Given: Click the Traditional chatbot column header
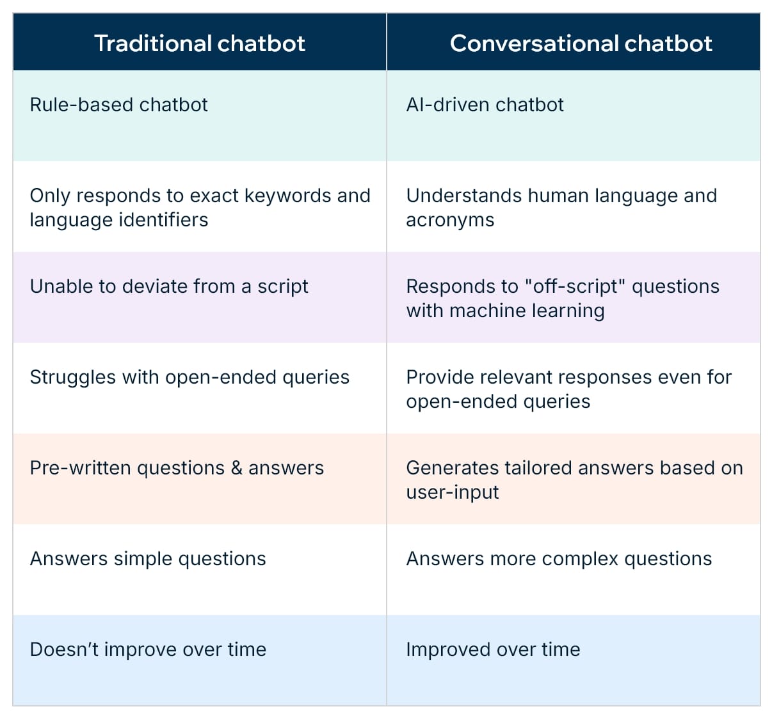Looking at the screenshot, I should (199, 43).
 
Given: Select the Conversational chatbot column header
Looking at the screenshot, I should (581, 43).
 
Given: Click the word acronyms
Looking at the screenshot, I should (450, 220).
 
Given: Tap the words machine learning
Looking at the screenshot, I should (527, 311).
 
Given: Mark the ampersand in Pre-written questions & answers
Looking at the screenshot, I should (236, 468).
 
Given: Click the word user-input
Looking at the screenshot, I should (452, 492).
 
